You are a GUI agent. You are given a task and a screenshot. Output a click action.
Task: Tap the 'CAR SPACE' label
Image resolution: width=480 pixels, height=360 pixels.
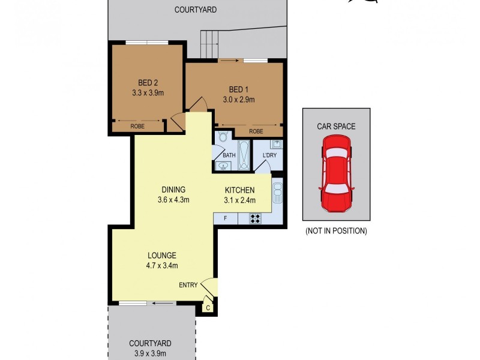tap(336, 127)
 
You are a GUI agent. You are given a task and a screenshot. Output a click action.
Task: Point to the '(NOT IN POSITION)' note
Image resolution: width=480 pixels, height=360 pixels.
tap(336, 230)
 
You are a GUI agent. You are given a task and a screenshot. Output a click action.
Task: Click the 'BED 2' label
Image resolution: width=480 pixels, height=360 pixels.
tap(148, 83)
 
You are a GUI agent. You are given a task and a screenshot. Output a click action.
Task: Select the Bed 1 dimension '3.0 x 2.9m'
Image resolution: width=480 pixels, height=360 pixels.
tap(239, 100)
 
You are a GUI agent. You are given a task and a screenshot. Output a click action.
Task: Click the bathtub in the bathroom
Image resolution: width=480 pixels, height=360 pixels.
tap(244, 155)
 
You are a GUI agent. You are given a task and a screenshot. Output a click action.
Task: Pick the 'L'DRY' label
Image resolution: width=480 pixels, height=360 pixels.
tap(269, 156)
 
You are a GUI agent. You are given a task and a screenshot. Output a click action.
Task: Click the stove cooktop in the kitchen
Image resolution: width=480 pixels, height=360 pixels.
tap(255, 218)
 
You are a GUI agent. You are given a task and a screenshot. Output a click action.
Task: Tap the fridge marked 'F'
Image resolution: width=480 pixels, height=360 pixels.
tap(226, 218)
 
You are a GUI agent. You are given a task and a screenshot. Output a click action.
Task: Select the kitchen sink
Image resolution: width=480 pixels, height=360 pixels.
tap(277, 193)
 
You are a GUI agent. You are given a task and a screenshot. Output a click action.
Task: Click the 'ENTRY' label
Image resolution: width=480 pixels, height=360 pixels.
tap(188, 285)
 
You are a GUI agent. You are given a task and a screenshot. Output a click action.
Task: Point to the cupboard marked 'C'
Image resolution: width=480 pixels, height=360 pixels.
tap(208, 307)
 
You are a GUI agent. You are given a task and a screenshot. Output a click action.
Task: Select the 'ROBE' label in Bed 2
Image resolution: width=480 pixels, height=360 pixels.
tap(137, 127)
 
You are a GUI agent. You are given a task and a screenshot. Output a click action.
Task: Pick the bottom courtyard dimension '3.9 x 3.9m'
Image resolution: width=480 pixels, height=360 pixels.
tap(150, 354)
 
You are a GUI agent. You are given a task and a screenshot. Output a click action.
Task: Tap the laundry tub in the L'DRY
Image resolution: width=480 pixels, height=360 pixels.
tap(276, 145)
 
